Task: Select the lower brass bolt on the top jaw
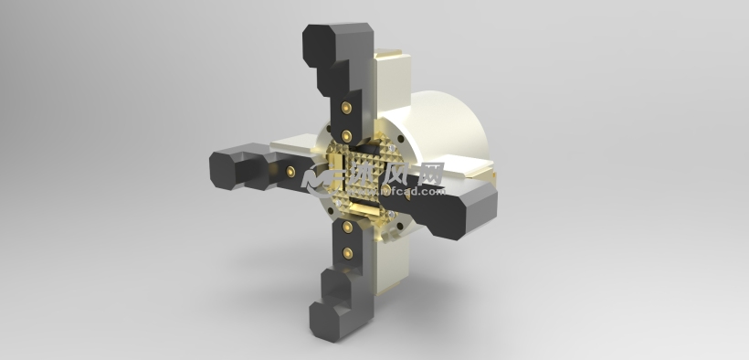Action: [347, 135]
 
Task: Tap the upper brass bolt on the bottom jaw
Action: [347, 224]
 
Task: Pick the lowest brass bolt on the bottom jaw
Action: [346, 249]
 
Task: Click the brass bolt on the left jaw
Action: [290, 171]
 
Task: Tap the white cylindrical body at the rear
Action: [448, 128]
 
